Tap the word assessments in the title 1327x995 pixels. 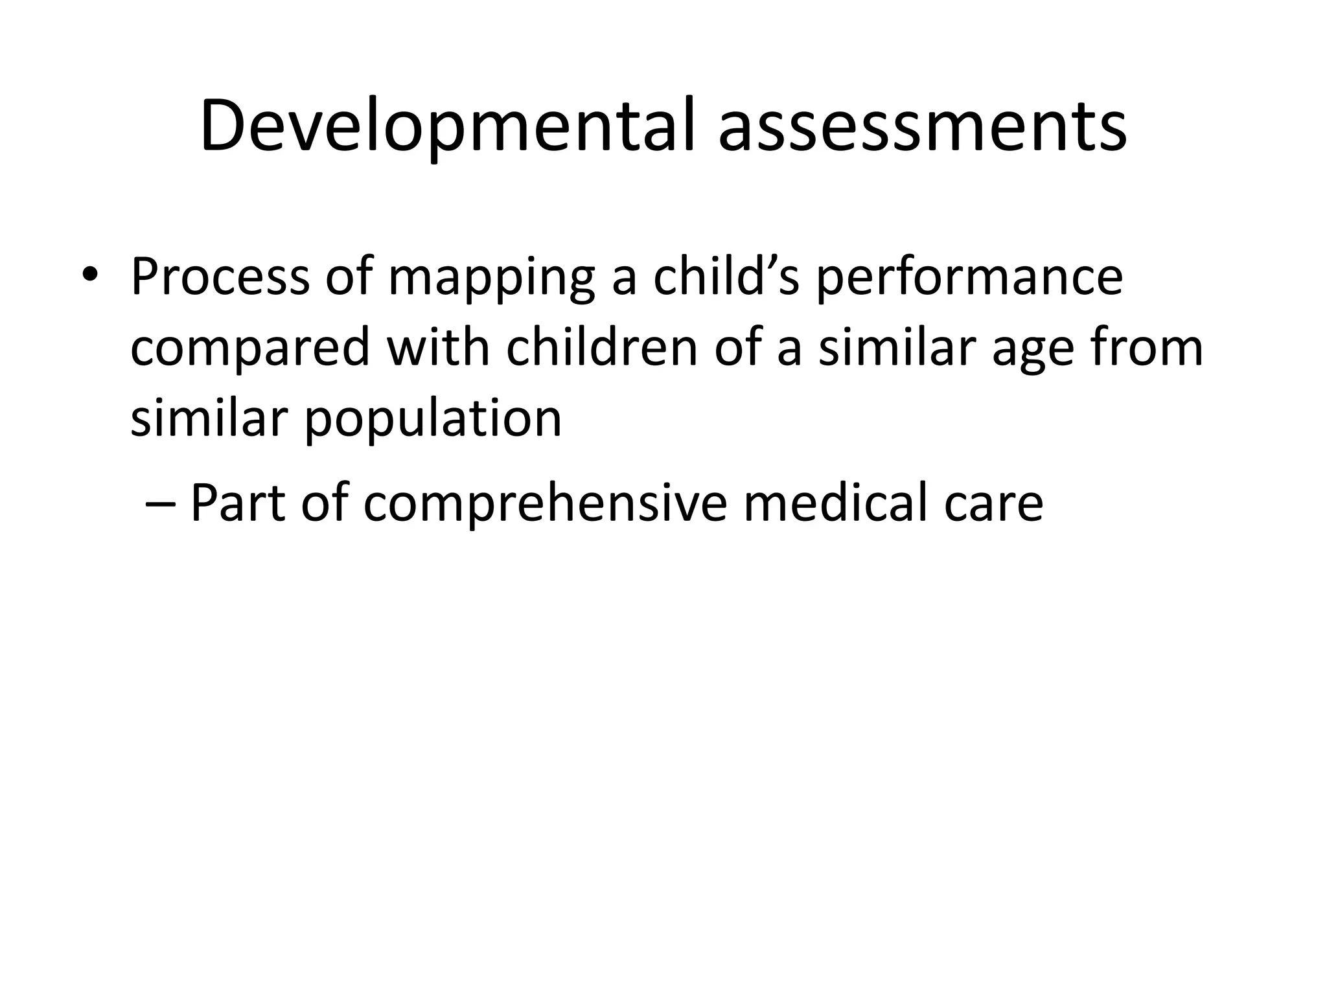[923, 126]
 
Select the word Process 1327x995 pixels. [220, 277]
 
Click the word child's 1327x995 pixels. [726, 276]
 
